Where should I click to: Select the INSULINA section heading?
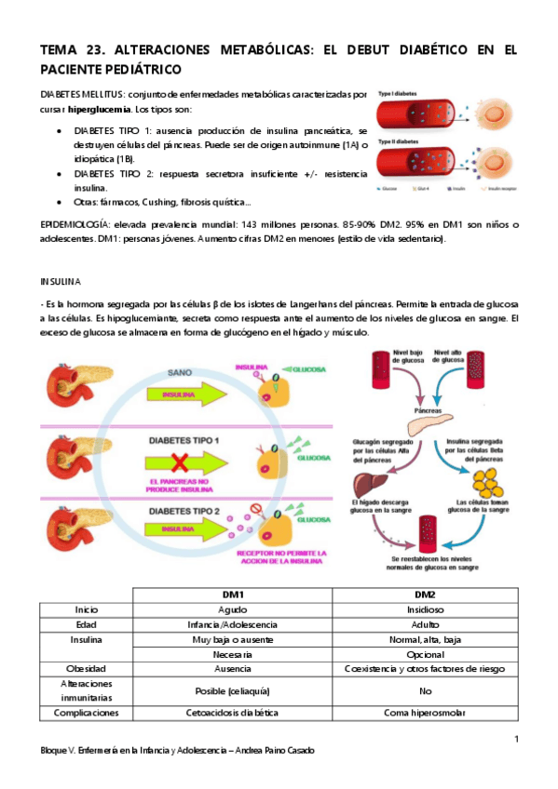[61, 280]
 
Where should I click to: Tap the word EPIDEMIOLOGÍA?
[73, 225]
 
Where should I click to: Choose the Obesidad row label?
[87, 669]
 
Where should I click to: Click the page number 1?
[515, 739]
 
